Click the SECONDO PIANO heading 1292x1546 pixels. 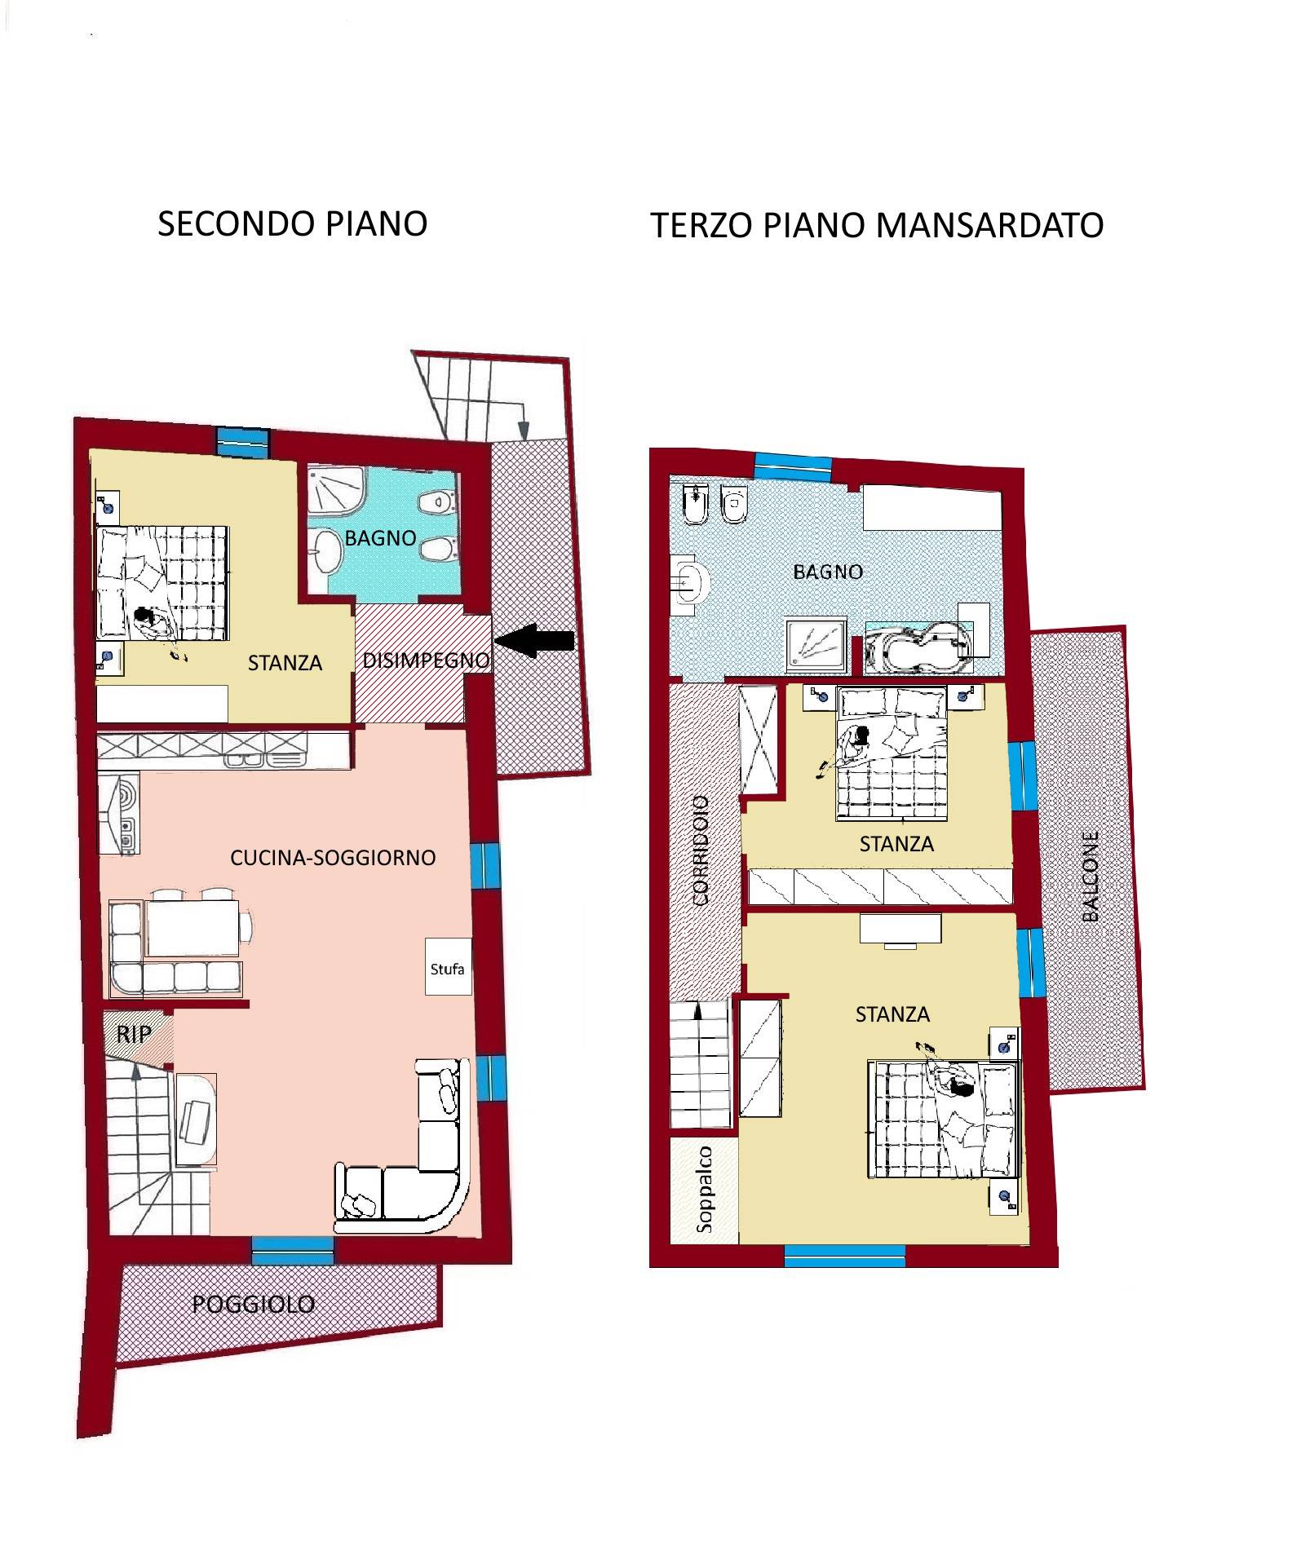tap(292, 223)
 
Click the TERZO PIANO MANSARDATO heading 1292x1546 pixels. tap(877, 225)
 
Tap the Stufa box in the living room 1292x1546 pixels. tap(448, 966)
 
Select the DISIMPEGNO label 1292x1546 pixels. tap(426, 660)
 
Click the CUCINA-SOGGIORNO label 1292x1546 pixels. tap(333, 858)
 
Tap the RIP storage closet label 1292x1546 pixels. tap(133, 1034)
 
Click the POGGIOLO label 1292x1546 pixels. tap(254, 1304)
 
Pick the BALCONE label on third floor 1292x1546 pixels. tap(1091, 876)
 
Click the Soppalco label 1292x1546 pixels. tap(704, 1190)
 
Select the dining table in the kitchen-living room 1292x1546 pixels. tap(192, 927)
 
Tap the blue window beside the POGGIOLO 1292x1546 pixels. tap(292, 1250)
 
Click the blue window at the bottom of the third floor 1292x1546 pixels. tap(845, 1255)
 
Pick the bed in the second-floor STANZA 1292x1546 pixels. tap(162, 583)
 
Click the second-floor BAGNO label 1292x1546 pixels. tap(380, 538)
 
